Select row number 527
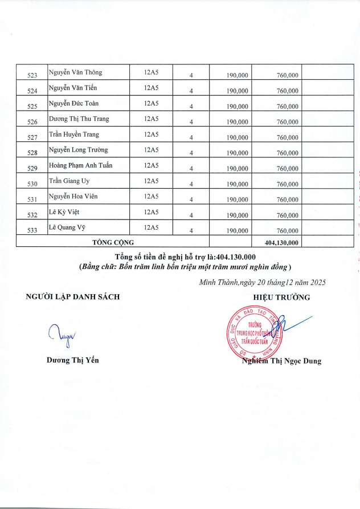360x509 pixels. [32, 137]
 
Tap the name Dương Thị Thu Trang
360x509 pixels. [79, 119]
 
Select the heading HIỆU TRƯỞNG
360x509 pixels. [281, 297]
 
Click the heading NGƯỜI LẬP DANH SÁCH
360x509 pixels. [73, 296]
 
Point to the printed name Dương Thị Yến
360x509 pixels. [72, 360]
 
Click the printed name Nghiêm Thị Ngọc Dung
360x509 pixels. [281, 361]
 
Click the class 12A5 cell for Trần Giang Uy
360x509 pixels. [151, 181]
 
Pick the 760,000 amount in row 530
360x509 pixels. [287, 184]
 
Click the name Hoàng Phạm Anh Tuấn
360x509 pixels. [80, 165]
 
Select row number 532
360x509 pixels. [32, 215]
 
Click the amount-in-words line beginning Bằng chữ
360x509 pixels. [185, 267]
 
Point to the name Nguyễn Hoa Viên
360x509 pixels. [73, 197]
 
